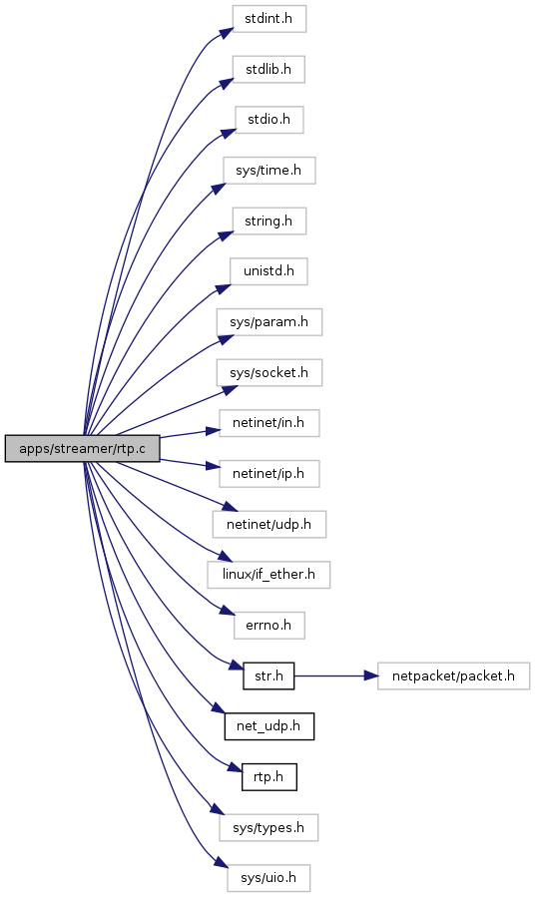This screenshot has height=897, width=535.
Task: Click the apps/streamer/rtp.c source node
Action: coord(83,449)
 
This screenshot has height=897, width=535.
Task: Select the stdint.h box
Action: coord(268,19)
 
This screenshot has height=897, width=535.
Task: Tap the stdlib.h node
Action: coord(268,69)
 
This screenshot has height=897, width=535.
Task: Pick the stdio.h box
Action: coord(268,120)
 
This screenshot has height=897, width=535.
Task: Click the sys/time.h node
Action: coord(268,171)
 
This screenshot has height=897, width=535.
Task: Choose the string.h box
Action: coord(268,221)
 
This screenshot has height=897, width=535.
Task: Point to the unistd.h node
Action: coord(268,271)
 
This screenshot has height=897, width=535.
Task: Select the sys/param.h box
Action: coord(268,322)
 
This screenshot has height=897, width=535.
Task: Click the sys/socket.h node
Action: coord(268,372)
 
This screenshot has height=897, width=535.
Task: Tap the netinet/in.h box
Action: coord(268,423)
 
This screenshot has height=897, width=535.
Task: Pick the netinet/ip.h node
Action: coord(268,474)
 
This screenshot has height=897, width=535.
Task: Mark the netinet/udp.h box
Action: coord(268,524)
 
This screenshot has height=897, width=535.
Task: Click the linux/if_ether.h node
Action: coord(268,575)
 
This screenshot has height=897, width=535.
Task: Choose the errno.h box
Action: coord(268,626)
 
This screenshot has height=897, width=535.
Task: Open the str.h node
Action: coord(268,675)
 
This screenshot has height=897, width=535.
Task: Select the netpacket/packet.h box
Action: coord(453,675)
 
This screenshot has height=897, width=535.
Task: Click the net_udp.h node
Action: coord(268,726)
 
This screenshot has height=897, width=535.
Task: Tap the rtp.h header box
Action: coord(268,777)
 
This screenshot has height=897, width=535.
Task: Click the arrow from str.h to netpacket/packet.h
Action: coord(336,675)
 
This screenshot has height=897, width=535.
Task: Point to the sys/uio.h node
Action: coord(268,878)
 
